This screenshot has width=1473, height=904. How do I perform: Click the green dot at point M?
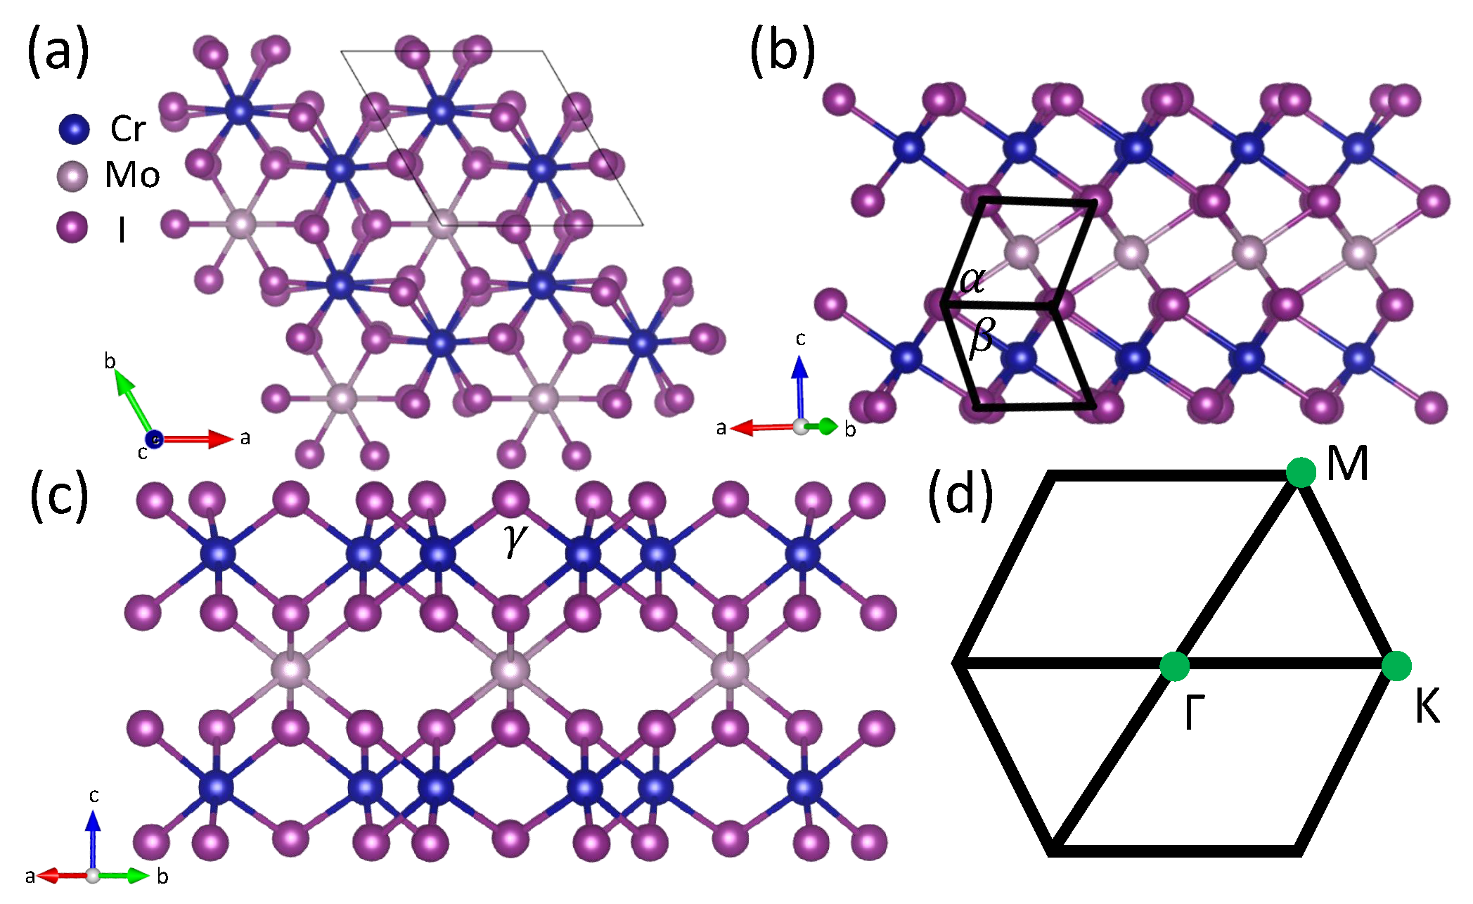pyautogui.click(x=1301, y=472)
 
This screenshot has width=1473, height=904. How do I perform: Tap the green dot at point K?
pyautogui.click(x=1396, y=666)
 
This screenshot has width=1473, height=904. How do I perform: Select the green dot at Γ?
pyautogui.click(x=1174, y=666)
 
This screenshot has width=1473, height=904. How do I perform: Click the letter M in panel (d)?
pyautogui.click(x=1348, y=465)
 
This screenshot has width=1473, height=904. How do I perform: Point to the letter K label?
pyautogui.click(x=1427, y=706)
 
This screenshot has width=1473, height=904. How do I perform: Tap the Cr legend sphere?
pyautogui.click(x=74, y=129)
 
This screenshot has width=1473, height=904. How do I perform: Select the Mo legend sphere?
pyautogui.click(x=72, y=176)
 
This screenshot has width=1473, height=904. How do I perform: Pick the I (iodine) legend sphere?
pyautogui.click(x=72, y=228)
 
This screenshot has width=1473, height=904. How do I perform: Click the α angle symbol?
pyautogui.click(x=973, y=280)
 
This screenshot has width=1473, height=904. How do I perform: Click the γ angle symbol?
pyautogui.click(x=515, y=540)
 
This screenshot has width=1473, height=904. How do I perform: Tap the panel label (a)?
pyautogui.click(x=58, y=51)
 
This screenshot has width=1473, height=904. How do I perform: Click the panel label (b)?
pyautogui.click(x=782, y=51)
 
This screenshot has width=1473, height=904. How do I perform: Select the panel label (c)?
pyautogui.click(x=59, y=495)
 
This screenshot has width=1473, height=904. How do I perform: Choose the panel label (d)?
pyautogui.click(x=960, y=495)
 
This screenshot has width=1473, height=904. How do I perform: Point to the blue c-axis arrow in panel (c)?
pyautogui.click(x=93, y=840)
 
